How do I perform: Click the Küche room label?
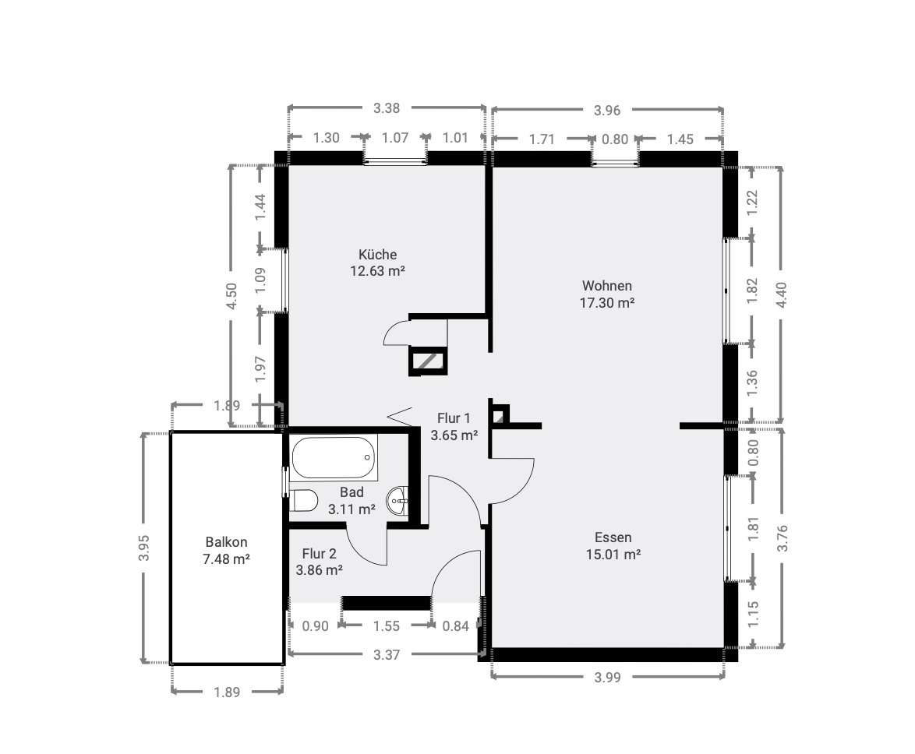click(377, 255)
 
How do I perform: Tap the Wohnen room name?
click(607, 286)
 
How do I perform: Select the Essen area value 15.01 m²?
click(613, 554)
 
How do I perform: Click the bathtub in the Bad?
click(334, 458)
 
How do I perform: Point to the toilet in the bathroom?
click(303, 500)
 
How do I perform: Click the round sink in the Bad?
click(398, 500)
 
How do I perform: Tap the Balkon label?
click(227, 541)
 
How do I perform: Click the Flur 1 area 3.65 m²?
click(454, 435)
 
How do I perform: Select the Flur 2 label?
click(320, 553)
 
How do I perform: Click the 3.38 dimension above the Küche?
click(387, 107)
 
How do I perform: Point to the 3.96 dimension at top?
click(607, 110)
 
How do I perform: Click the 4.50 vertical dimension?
click(231, 296)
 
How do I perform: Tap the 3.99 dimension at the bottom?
click(607, 677)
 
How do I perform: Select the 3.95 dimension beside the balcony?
click(145, 548)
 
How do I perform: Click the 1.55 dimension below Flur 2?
click(387, 625)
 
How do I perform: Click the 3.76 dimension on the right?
click(782, 537)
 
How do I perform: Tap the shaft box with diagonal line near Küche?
click(429, 361)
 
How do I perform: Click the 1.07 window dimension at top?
click(395, 138)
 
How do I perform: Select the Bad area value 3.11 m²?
click(352, 509)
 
